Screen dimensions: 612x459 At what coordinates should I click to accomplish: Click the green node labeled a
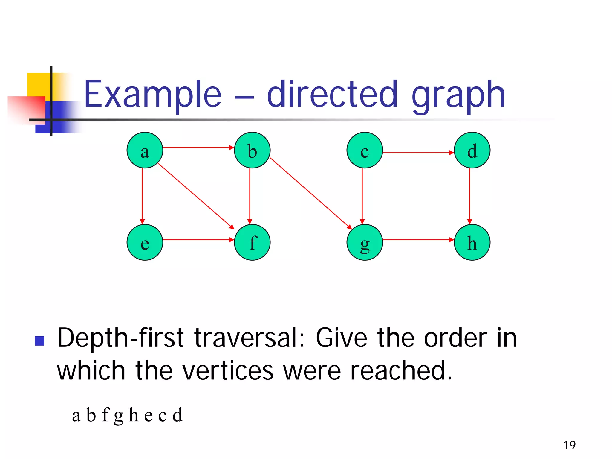pyautogui.click(x=145, y=150)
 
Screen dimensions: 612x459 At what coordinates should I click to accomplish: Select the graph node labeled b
pyautogui.click(x=252, y=150)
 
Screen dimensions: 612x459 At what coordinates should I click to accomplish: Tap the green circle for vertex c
pyautogui.click(x=365, y=150)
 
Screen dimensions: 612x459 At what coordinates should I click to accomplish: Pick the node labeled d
pyautogui.click(x=472, y=150)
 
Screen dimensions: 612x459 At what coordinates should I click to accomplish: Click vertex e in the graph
pyautogui.click(x=145, y=242)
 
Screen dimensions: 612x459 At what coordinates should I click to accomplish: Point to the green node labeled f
pyautogui.click(x=252, y=242)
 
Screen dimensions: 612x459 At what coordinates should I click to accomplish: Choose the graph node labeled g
pyautogui.click(x=365, y=242)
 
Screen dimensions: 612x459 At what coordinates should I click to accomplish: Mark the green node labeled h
pyautogui.click(x=472, y=242)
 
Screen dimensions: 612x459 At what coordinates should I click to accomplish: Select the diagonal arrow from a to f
pyautogui.click(x=196, y=196)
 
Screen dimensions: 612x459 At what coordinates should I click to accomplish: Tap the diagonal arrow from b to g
pyautogui.click(x=311, y=193)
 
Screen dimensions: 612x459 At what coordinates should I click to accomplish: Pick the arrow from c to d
pyautogui.click(x=418, y=153)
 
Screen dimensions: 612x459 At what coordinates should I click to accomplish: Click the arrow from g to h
pyautogui.click(x=418, y=240)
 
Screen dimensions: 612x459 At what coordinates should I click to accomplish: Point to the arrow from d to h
pyautogui.click(x=469, y=196)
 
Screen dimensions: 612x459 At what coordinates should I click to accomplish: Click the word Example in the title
pyautogui.click(x=153, y=95)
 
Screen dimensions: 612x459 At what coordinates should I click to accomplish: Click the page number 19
pyautogui.click(x=570, y=445)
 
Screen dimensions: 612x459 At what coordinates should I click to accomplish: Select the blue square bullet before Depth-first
pyautogui.click(x=39, y=341)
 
